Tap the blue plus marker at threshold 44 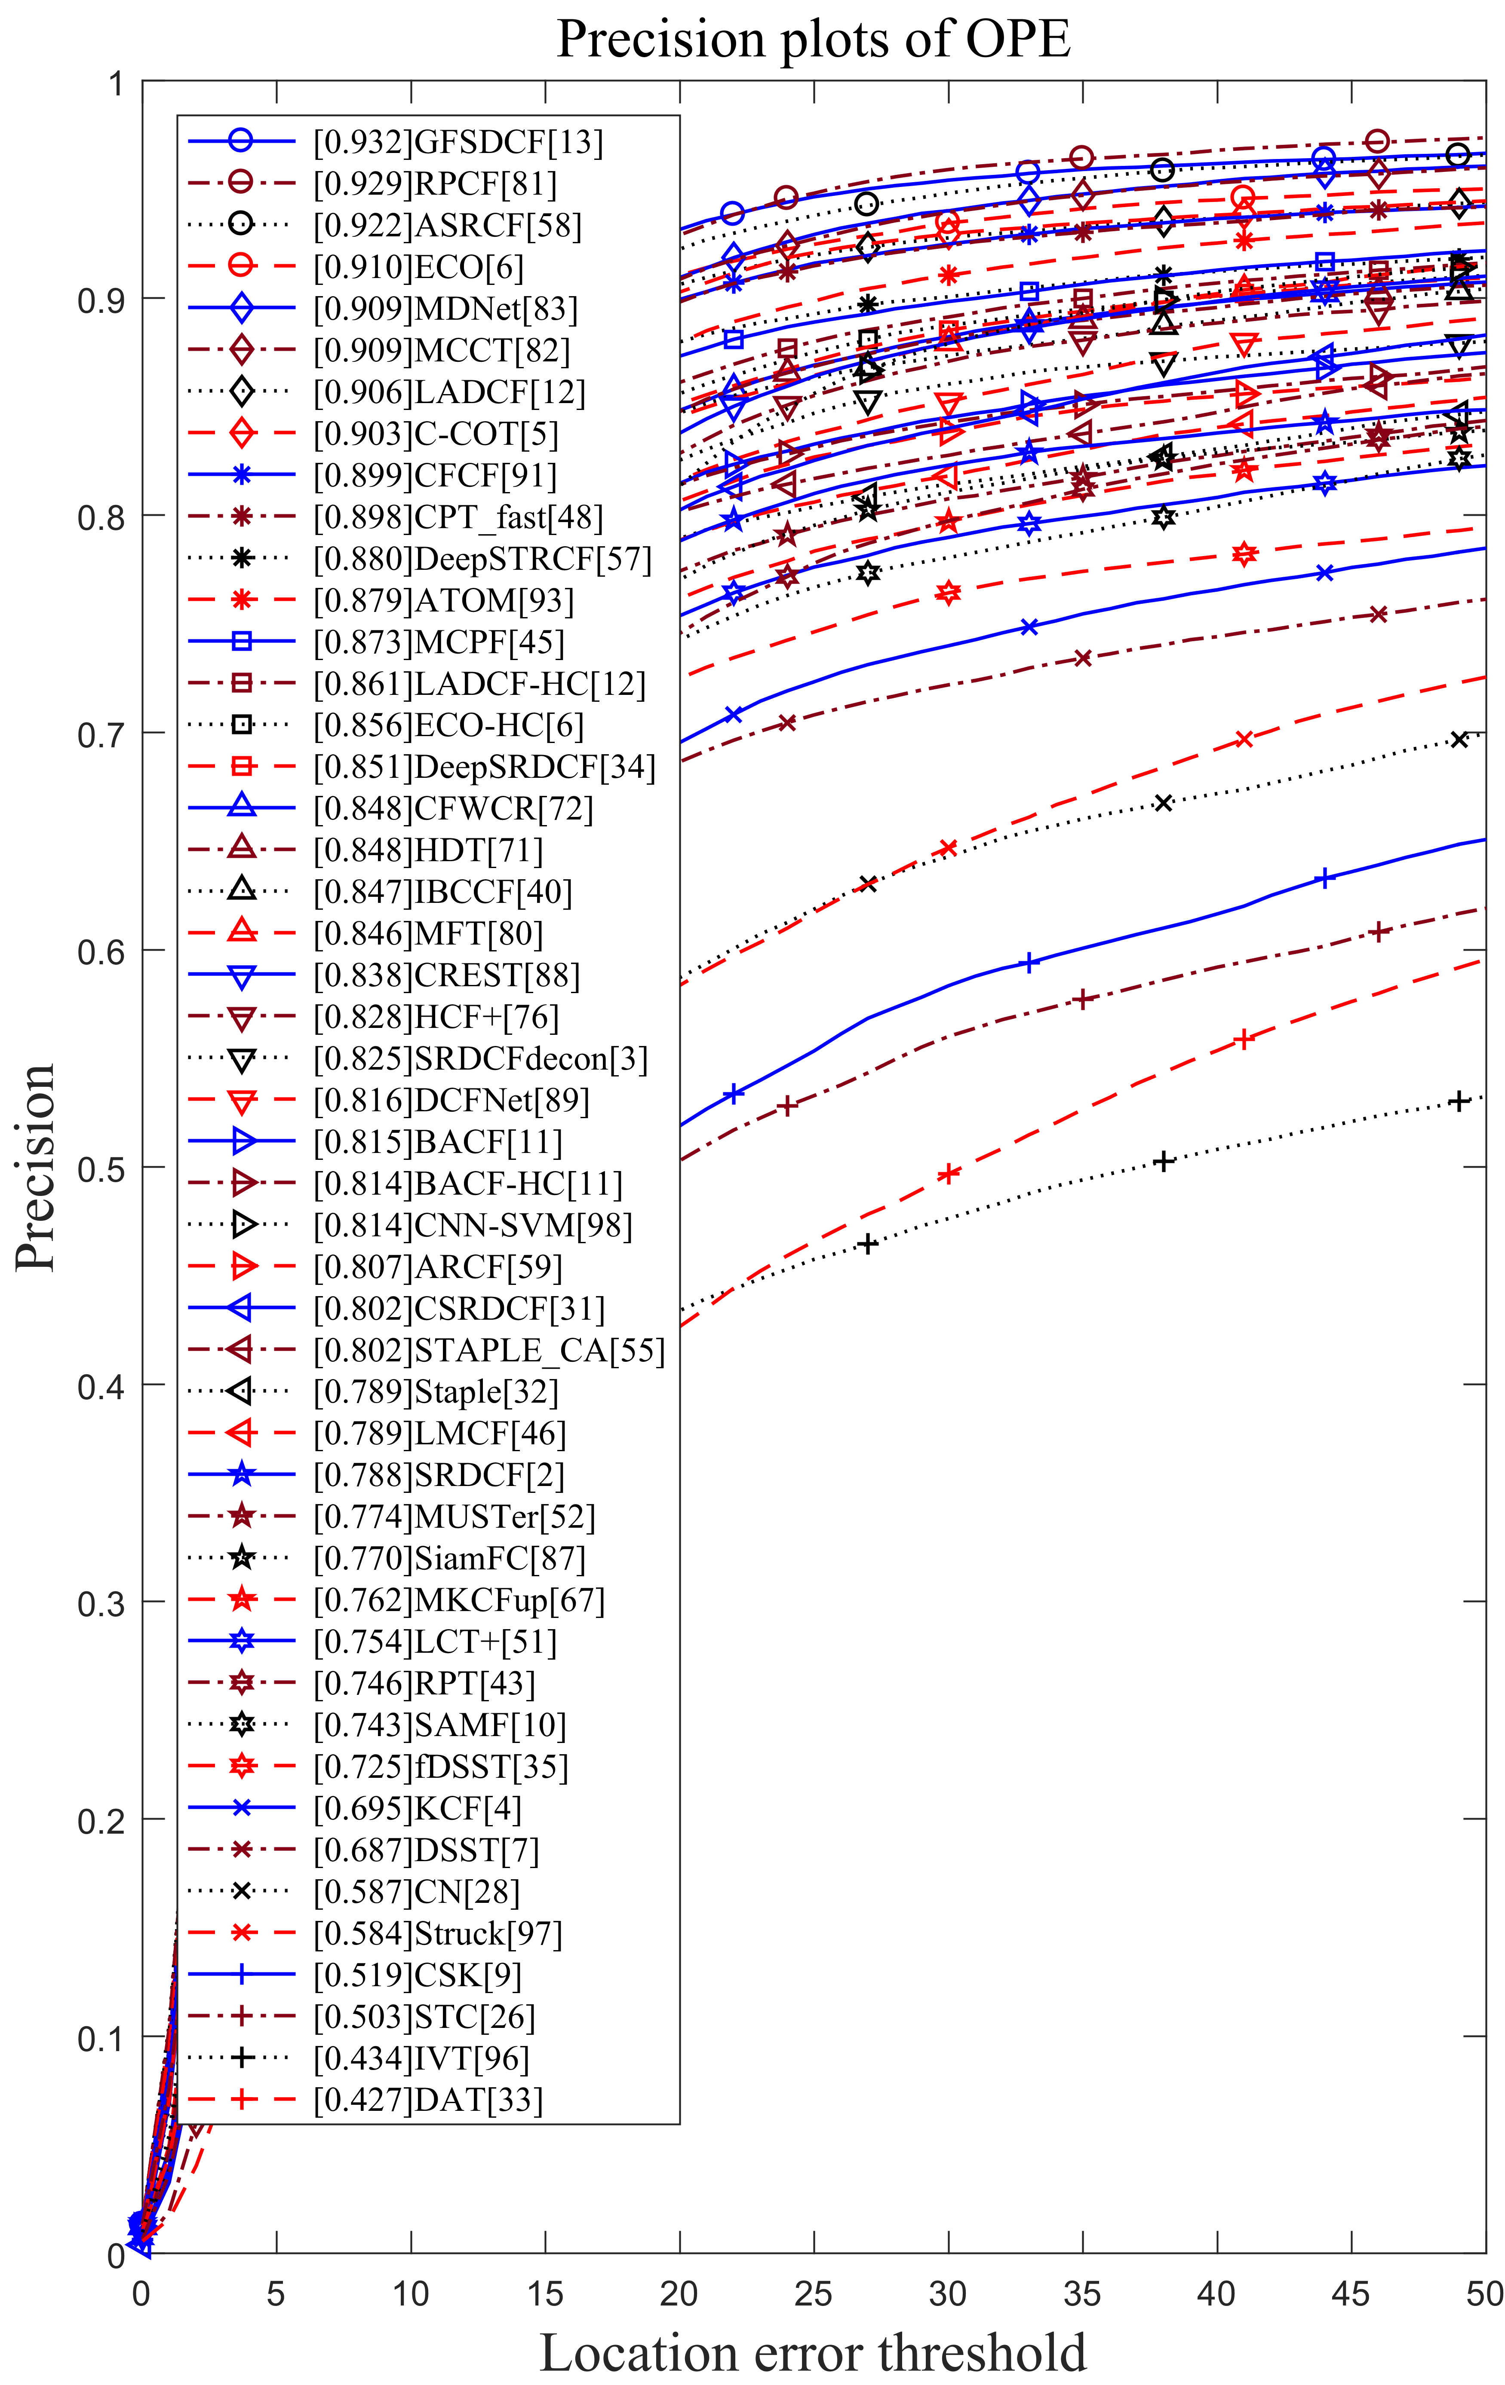click(1325, 878)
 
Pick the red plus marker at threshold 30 click(948, 1174)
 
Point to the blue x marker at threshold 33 click(1029, 627)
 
